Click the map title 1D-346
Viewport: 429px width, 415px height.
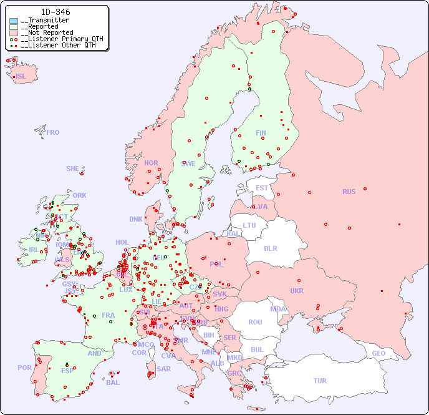point(55,12)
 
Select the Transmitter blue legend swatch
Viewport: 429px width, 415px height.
point(14,21)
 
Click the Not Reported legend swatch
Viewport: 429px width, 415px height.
point(14,33)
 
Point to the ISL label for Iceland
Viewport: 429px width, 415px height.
point(21,77)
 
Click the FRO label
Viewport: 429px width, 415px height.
point(53,132)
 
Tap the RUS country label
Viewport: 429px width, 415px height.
point(349,192)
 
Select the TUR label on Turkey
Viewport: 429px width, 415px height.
point(320,381)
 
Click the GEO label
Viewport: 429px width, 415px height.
point(378,353)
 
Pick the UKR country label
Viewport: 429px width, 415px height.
point(297,291)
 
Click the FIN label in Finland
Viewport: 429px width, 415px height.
point(261,133)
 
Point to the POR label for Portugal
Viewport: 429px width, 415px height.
point(24,368)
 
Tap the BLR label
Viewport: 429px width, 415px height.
point(270,248)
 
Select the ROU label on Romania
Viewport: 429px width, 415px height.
point(255,322)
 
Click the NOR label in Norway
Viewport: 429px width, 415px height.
point(151,163)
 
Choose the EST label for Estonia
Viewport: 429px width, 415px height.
point(262,188)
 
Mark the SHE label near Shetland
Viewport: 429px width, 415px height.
point(73,168)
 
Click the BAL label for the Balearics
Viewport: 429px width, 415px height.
point(112,383)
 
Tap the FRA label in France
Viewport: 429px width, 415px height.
point(108,315)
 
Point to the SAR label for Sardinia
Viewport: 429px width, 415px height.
point(163,369)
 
